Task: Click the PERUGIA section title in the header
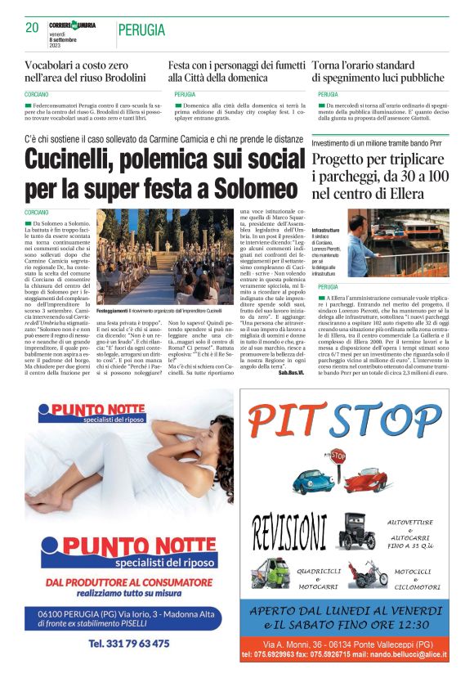[x=142, y=30]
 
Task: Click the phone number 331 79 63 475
[x=129, y=644]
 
